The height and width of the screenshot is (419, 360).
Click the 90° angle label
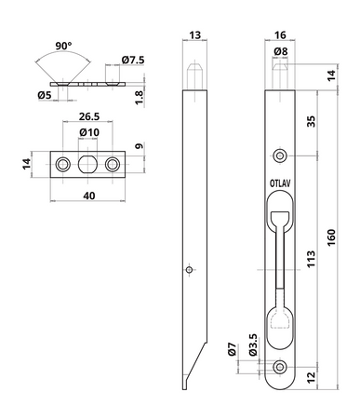(x=63, y=46)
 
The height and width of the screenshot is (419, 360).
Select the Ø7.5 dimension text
(x=133, y=60)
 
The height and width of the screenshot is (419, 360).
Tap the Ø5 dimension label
(x=45, y=95)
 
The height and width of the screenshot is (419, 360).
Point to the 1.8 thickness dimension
(x=140, y=98)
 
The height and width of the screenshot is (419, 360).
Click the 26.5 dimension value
(x=89, y=116)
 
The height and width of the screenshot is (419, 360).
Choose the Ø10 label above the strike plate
(x=89, y=132)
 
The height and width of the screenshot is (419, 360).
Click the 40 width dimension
(x=89, y=196)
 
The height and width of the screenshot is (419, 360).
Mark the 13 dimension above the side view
(x=194, y=35)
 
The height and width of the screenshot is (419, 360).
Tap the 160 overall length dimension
(x=331, y=237)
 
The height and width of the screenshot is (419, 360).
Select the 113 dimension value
(x=311, y=259)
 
